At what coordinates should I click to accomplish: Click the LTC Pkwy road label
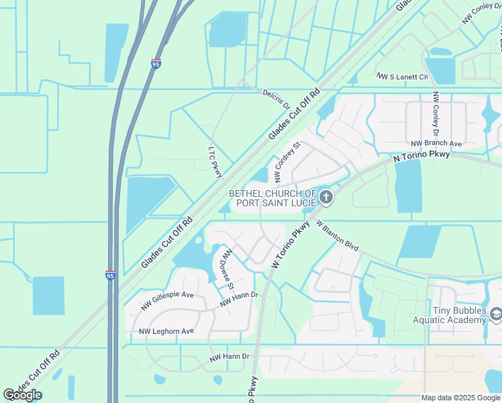(215, 163)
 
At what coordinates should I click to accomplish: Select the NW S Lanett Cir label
(402, 77)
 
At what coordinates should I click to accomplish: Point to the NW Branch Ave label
(436, 144)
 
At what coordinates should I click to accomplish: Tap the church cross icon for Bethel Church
(326, 197)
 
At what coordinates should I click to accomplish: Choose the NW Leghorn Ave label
(166, 331)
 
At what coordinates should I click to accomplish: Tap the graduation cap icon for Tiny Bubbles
(496, 314)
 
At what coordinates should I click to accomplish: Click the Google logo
(22, 395)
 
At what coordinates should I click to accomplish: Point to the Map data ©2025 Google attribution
(461, 398)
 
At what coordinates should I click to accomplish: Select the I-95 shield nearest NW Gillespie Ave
(110, 275)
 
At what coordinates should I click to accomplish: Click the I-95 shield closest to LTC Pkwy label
(156, 64)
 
